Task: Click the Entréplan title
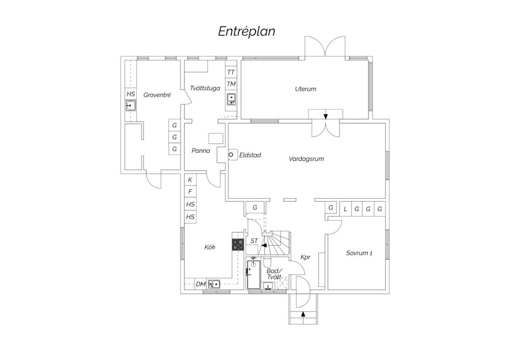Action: click(246, 31)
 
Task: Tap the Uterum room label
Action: click(306, 89)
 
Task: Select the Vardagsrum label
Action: click(306, 159)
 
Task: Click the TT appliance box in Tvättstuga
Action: click(231, 72)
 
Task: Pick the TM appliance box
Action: click(231, 84)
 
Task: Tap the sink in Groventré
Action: click(131, 106)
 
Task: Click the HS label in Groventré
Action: click(131, 94)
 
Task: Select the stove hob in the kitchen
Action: click(238, 245)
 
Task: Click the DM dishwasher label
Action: click(201, 284)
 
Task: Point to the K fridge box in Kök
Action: click(190, 180)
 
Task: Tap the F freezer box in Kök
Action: click(190, 192)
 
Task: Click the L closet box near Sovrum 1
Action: click(346, 209)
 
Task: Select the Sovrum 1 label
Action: click(359, 253)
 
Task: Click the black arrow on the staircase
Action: click(264, 245)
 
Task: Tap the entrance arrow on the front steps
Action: click(303, 314)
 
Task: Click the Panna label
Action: click(201, 150)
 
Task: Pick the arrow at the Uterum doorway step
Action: click(326, 117)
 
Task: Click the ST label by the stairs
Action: click(254, 241)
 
